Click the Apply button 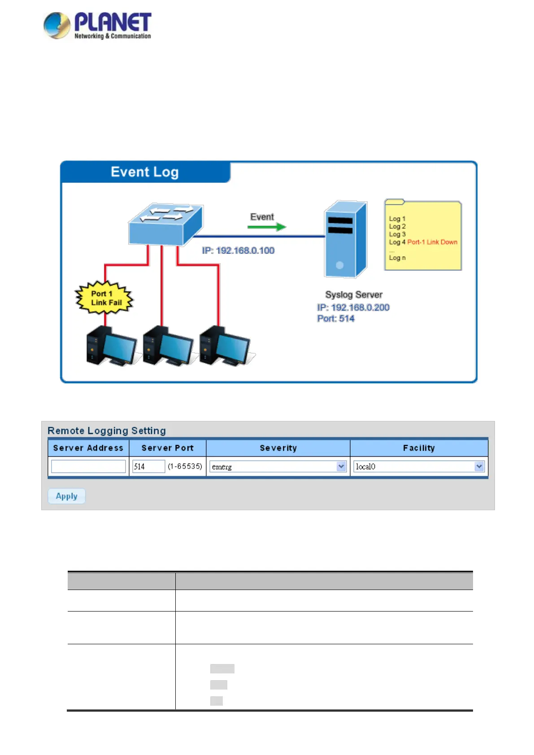[66, 496]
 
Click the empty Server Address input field [88, 466]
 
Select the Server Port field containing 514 [148, 466]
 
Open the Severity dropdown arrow [341, 466]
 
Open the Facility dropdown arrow [479, 466]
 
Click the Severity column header [278, 448]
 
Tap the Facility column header [419, 448]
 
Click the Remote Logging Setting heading [107, 431]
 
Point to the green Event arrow [266, 227]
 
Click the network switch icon [165, 224]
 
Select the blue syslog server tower [345, 240]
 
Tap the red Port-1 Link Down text [432, 242]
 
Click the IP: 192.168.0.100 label [238, 251]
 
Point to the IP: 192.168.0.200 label [353, 308]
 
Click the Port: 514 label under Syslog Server [336, 319]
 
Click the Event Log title [144, 172]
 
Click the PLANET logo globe [57, 25]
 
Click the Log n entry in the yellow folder [397, 258]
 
